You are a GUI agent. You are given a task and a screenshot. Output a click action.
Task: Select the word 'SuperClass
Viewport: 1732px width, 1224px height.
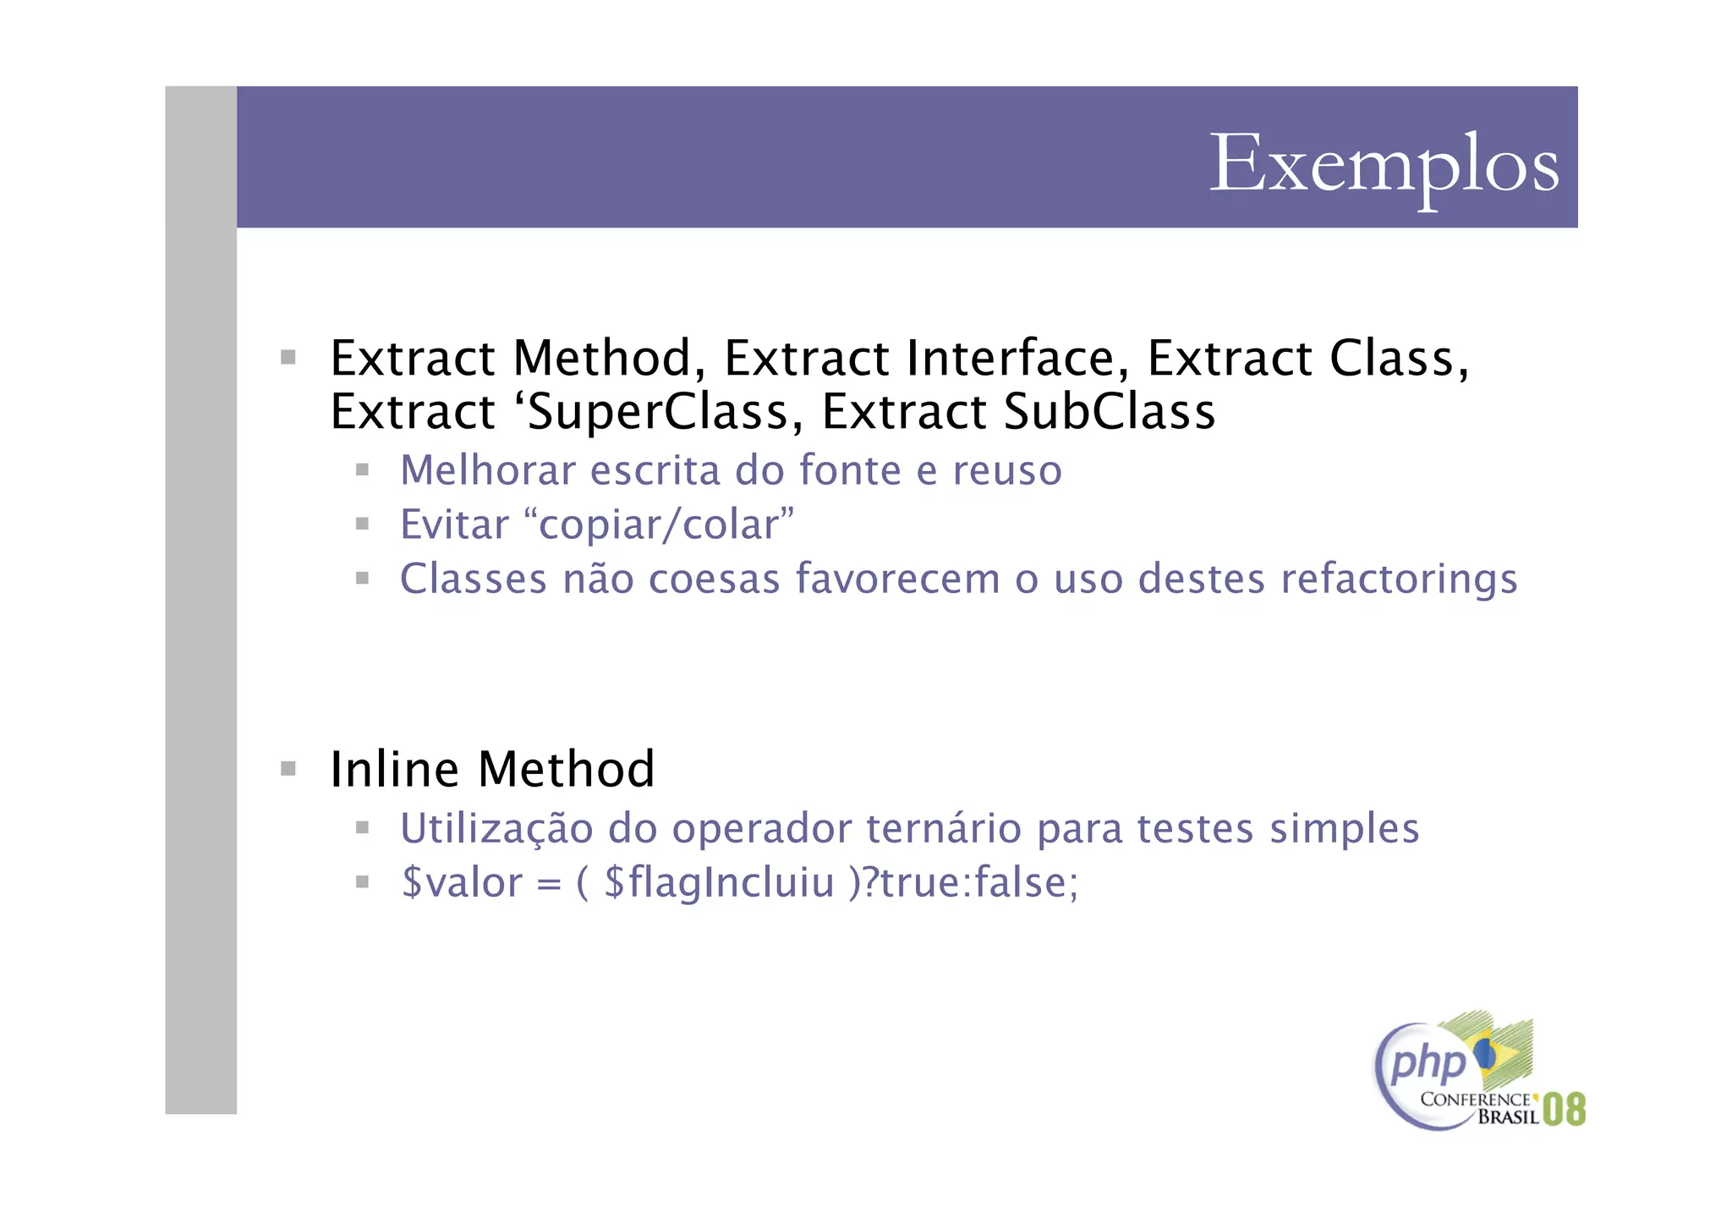pos(658,413)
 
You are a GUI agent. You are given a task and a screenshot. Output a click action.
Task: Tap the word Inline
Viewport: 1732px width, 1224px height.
pos(394,770)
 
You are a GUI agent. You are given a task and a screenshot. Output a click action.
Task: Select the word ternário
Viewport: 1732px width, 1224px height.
pos(945,828)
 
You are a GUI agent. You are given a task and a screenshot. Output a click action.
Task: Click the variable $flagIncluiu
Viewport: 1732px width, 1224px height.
pos(720,883)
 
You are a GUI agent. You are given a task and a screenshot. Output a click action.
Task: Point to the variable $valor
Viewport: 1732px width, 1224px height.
pos(462,883)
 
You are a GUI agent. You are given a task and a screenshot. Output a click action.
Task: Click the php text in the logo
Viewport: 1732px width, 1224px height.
pos(1427,1062)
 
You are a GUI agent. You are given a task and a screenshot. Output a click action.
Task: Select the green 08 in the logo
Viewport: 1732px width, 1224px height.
pos(1564,1109)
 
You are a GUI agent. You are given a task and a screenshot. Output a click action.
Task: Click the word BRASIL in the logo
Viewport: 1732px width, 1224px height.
pos(1508,1117)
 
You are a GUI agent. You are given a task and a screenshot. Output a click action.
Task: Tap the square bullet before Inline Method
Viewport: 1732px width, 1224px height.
pos(288,769)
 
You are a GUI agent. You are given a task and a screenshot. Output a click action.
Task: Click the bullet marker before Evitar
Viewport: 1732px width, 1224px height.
pos(363,524)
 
